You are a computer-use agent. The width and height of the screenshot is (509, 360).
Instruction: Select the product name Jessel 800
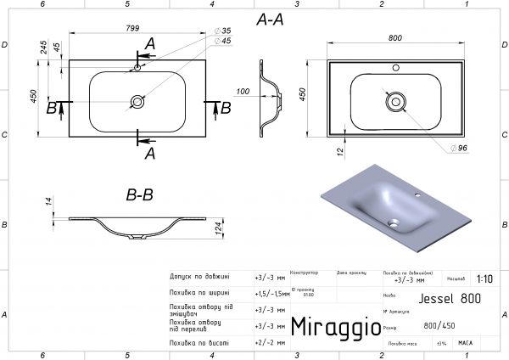(447, 299)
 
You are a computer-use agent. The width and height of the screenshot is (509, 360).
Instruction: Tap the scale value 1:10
(484, 278)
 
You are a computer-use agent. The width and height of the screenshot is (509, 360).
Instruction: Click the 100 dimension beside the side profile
(244, 90)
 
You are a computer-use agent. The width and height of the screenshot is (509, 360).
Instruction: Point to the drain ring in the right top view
(394, 100)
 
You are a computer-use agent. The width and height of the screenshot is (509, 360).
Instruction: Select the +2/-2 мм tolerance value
(269, 342)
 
